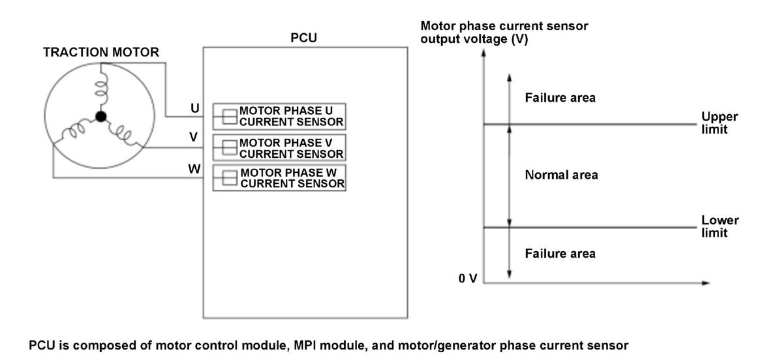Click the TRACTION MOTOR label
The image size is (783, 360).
pyautogui.click(x=101, y=52)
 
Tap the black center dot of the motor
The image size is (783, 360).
pyautogui.click(x=101, y=116)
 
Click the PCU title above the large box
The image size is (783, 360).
pyautogui.click(x=304, y=38)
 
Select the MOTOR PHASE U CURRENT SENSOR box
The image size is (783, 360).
pyautogui.click(x=279, y=116)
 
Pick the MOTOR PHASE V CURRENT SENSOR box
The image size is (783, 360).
pyautogui.click(x=279, y=147)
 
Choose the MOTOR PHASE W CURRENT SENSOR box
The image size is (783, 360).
pyautogui.click(x=279, y=178)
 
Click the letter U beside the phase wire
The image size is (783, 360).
pyautogui.click(x=195, y=108)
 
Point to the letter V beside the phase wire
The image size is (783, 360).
pyautogui.click(x=194, y=137)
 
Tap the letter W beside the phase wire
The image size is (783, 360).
pyautogui.click(x=194, y=169)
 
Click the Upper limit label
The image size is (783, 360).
pyautogui.click(x=719, y=123)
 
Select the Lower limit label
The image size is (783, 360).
pyautogui.click(x=720, y=226)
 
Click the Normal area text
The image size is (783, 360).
pyautogui.click(x=561, y=175)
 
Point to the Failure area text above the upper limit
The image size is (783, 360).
pyautogui.click(x=560, y=98)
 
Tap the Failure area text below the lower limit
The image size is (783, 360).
pyautogui.click(x=560, y=254)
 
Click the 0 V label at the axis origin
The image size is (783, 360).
pyautogui.click(x=468, y=278)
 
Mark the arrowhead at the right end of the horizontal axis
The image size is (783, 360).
pyautogui.click(x=706, y=283)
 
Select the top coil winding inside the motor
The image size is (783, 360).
pyautogui.click(x=101, y=89)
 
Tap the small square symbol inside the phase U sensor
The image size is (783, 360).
pyautogui.click(x=230, y=117)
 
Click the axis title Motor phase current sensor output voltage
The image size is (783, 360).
pyautogui.click(x=504, y=32)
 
